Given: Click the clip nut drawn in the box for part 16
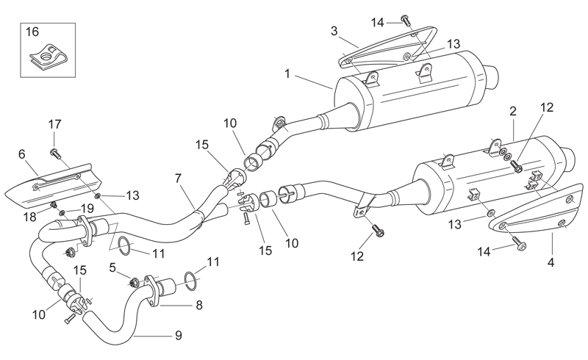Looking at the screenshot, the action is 48,57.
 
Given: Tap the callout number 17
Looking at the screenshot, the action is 54,124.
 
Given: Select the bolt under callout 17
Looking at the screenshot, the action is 54,153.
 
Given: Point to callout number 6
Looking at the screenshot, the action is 22,154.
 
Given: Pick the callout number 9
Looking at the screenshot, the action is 179,334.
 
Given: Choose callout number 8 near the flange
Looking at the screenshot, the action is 199,305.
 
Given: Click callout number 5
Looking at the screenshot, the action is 112,267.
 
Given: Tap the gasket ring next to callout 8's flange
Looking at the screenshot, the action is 191,281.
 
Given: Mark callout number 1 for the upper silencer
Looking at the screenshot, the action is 287,73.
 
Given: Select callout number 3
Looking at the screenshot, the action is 334,31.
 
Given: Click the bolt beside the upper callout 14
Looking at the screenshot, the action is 406,20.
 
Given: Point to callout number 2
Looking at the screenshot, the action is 512,111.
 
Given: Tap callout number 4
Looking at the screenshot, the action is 551,262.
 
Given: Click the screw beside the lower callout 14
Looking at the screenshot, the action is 519,243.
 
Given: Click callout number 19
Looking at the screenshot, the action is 87,208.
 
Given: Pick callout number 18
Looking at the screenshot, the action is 30,217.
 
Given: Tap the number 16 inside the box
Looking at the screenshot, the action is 32,32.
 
